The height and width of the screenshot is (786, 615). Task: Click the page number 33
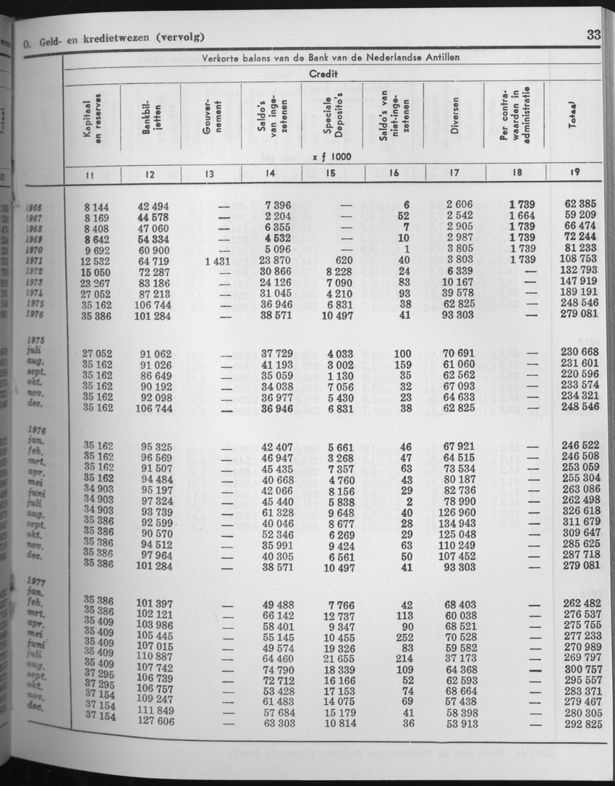pos(593,34)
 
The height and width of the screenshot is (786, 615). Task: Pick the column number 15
pos(331,173)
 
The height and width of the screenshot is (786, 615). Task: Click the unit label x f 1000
pos(332,156)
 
